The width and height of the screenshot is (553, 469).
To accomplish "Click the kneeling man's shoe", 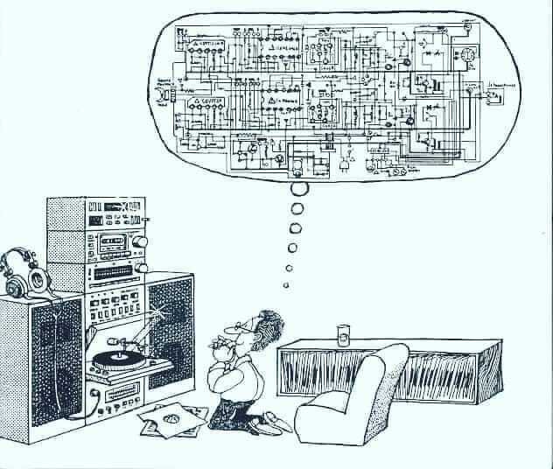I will (x=277, y=424).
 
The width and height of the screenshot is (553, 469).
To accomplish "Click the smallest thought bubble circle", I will (x=285, y=284).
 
